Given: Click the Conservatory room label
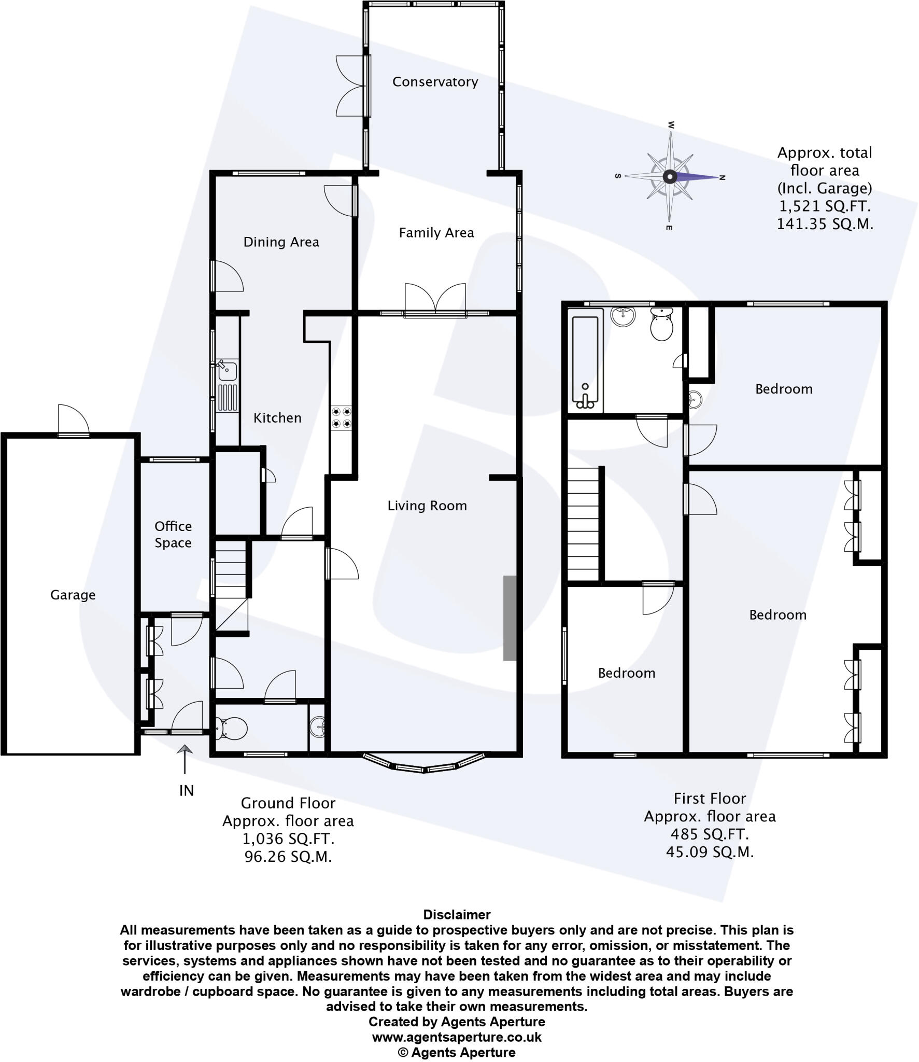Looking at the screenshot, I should point(435,81).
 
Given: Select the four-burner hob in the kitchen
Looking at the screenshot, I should point(342,418).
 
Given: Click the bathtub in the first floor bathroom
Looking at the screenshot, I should point(585,361).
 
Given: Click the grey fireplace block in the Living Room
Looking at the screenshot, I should point(510,618).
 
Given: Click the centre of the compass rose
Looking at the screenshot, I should point(670,177).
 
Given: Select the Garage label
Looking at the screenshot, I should point(73,595).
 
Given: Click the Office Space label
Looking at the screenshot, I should point(173,534).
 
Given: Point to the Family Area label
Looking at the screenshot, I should point(436,233).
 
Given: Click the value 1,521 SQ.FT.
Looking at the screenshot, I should point(825,206).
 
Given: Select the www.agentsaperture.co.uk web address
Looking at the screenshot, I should point(457,1037).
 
